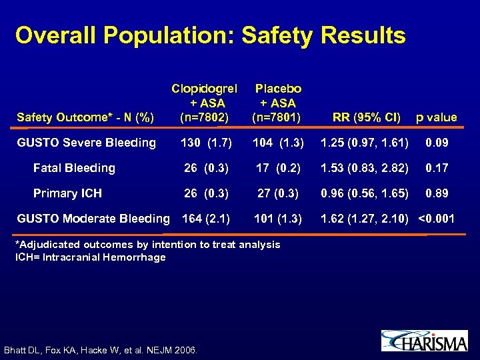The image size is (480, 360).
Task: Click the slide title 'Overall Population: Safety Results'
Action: click(210, 35)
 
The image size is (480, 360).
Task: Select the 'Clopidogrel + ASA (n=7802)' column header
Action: click(206, 103)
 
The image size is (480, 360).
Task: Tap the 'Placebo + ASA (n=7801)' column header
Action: click(278, 103)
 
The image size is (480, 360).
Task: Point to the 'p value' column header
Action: click(436, 118)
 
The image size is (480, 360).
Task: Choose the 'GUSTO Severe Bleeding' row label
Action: click(86, 142)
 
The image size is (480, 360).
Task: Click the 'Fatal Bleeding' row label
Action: click(74, 168)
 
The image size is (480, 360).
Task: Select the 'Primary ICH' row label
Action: click(67, 193)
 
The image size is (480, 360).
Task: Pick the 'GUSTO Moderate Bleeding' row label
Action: click(93, 218)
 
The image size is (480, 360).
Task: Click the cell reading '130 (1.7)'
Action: click(206, 143)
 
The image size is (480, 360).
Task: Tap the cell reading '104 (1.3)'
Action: click(278, 143)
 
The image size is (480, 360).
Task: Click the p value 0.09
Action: click(438, 143)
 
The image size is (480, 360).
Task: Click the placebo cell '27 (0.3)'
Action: click(278, 193)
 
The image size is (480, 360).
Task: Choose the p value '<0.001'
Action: click(437, 218)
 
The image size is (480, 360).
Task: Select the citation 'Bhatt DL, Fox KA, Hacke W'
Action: click(100, 349)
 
